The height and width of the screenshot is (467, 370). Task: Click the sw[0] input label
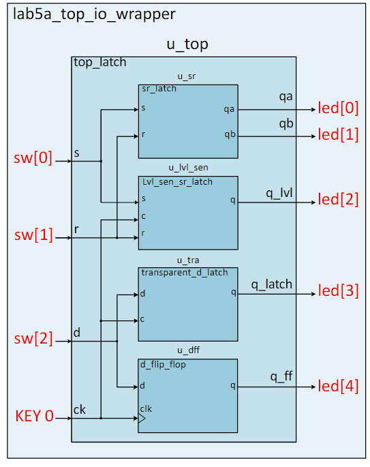click(33, 159)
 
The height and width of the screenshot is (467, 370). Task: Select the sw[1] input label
click(33, 236)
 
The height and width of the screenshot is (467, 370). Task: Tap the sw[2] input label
click(33, 339)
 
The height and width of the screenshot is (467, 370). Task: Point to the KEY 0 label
click(34, 416)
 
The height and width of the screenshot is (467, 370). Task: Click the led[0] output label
click(338, 109)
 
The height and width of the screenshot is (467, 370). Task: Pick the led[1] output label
click(338, 135)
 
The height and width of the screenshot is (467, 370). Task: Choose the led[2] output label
click(338, 200)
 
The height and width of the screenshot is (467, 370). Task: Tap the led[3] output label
click(338, 292)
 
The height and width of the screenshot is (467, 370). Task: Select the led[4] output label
click(338, 387)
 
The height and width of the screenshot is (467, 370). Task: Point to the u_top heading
click(187, 45)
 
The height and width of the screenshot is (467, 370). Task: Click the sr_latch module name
click(159, 89)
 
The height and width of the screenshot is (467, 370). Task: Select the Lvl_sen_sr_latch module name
click(177, 182)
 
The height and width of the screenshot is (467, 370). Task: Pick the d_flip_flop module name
click(164, 365)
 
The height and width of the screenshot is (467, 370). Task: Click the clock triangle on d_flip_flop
click(142, 420)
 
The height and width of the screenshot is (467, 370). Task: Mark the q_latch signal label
click(271, 284)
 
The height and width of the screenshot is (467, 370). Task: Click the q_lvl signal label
click(279, 192)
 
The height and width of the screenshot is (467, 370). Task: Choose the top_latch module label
click(99, 63)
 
